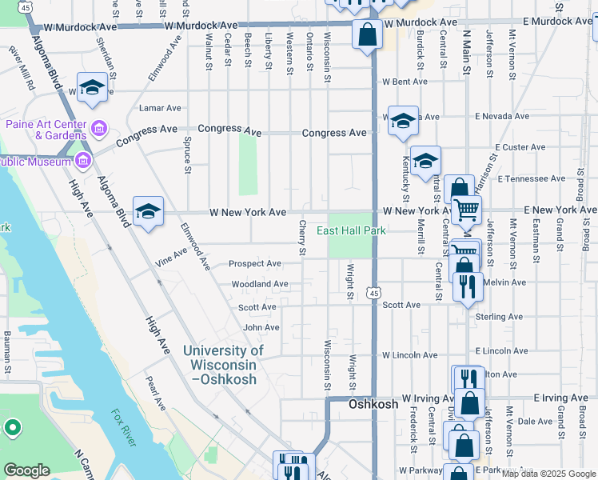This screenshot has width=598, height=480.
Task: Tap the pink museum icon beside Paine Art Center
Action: (99, 128)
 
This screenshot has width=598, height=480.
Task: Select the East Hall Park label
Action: (351, 231)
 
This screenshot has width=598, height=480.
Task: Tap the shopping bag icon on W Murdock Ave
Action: (367, 35)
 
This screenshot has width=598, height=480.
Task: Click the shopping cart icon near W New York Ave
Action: (466, 210)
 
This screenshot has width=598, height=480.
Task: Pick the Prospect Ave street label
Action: (254, 263)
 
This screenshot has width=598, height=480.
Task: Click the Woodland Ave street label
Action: (259, 284)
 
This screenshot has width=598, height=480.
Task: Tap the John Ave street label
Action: (261, 327)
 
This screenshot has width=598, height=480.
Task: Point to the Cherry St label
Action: (302, 238)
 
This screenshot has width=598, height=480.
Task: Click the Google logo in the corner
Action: (26, 470)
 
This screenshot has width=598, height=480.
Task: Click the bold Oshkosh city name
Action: (373, 405)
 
